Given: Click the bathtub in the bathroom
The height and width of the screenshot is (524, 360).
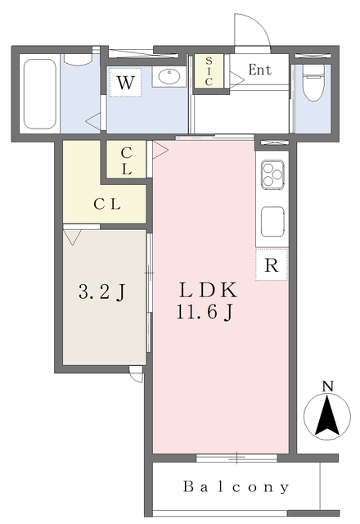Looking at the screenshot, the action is [40, 94].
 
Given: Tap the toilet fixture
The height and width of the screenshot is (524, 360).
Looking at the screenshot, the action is [313, 82].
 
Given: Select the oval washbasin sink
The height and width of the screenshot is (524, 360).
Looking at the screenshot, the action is [169, 76].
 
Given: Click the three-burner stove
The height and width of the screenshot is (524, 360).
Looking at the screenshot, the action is [272, 174].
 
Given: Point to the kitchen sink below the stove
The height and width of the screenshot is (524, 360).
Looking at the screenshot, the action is [272, 222].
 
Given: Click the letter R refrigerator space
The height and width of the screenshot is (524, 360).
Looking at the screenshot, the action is [272, 265].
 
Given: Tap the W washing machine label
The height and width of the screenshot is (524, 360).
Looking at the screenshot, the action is [125, 83].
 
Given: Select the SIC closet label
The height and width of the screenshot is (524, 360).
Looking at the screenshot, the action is [209, 71].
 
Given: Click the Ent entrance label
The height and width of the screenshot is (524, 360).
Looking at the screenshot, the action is [260, 70].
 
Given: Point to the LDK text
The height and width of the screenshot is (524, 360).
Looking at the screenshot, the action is [209, 291].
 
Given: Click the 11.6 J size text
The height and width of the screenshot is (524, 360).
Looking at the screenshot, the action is [204, 313].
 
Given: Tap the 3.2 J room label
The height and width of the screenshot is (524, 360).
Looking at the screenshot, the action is [102, 292].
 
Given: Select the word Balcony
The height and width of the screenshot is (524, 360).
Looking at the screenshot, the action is [236, 487].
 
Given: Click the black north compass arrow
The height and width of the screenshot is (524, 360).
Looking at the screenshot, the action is [327, 417].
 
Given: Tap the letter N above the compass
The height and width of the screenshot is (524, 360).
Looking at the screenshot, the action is [327, 386].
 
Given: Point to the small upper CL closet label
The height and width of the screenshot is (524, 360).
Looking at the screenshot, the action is [126, 161].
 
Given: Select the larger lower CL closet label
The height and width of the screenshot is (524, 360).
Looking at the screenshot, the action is [107, 204].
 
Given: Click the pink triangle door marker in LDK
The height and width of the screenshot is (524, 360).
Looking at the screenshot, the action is [160, 149].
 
